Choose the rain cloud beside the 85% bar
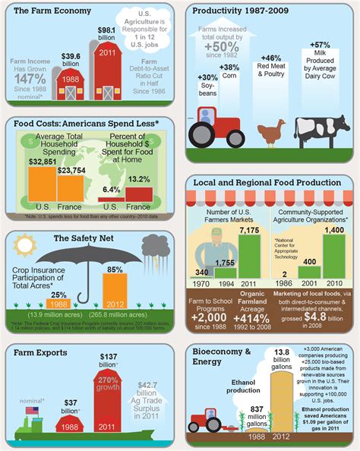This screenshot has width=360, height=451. (155, 246)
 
